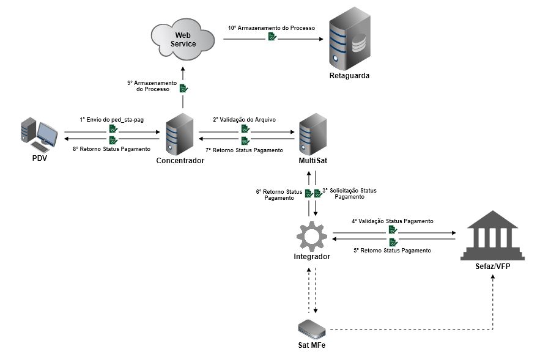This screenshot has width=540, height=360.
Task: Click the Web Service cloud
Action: [x=183, y=40]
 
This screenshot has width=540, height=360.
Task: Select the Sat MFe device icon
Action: [x=311, y=328]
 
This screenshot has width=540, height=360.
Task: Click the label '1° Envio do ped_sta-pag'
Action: [x=111, y=120]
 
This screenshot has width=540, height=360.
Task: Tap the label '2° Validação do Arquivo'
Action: [x=244, y=120]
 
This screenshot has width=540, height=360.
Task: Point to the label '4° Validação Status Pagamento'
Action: [x=392, y=221]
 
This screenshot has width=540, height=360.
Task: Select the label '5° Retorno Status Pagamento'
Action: [x=392, y=251]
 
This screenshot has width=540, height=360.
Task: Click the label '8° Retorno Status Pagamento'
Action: [x=111, y=149]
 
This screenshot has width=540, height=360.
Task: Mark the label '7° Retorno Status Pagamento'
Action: [x=244, y=150]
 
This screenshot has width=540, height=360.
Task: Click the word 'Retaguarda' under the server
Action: [x=350, y=76]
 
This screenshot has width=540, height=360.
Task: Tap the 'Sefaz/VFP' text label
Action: [x=492, y=266]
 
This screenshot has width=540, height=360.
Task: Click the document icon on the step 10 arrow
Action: [x=272, y=37]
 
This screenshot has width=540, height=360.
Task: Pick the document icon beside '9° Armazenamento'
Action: [x=183, y=88]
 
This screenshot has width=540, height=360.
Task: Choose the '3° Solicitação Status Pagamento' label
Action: [x=350, y=194]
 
